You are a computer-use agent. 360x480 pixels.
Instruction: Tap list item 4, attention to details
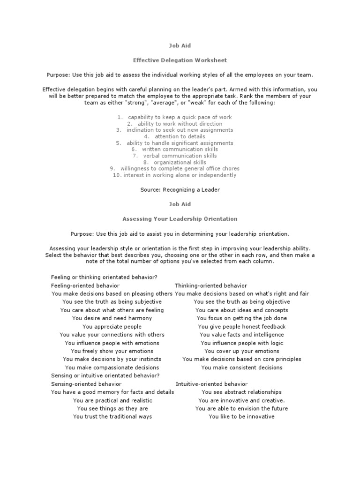pyautogui.click(x=174, y=136)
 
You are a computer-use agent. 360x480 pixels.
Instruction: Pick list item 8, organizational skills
pyautogui.click(x=174, y=162)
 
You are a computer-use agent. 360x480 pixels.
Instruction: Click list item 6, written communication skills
pyautogui.click(x=174, y=149)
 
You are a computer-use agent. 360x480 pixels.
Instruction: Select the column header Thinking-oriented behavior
pyautogui.click(x=211, y=285)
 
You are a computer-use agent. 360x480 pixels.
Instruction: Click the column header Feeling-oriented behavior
pyautogui.click(x=85, y=285)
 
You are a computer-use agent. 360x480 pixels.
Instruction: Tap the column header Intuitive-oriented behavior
pyautogui.click(x=211, y=384)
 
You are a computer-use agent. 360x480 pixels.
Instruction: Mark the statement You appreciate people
pyautogui.click(x=112, y=327)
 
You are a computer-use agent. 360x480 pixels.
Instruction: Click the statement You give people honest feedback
pyautogui.click(x=241, y=327)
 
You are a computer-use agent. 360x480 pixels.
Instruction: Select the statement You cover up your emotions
pyautogui.click(x=241, y=351)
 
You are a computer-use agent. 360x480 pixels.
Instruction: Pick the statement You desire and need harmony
pyautogui.click(x=112, y=318)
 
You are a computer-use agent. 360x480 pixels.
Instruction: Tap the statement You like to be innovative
pyautogui.click(x=241, y=417)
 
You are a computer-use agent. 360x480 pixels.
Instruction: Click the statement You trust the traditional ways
pyautogui.click(x=112, y=417)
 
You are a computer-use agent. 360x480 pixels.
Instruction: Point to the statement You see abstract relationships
pyautogui.click(x=241, y=392)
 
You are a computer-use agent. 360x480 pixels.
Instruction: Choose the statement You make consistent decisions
pyautogui.click(x=241, y=367)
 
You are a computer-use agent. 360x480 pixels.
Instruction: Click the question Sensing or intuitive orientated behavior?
pyautogui.click(x=105, y=375)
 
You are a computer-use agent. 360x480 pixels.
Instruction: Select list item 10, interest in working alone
pyautogui.click(x=174, y=175)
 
